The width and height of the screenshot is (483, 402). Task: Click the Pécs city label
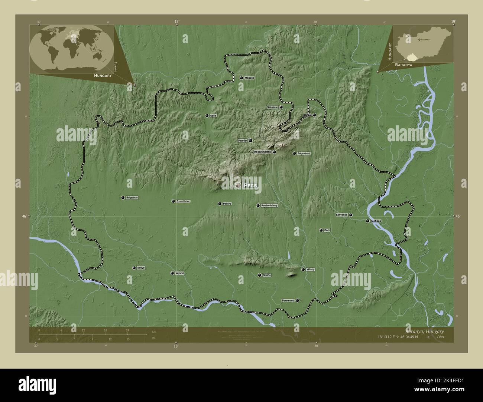[250, 185]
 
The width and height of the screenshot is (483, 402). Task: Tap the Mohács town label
[376, 221]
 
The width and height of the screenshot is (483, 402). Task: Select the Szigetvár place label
[132, 198]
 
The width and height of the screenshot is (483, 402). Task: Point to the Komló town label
[243, 141]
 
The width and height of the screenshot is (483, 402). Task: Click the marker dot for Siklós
[259, 275]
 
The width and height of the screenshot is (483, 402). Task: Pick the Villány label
[311, 269]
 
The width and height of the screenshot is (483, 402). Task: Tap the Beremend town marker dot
[297, 300]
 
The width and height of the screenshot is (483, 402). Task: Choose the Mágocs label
[249, 78]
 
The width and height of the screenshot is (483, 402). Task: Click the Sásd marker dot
[207, 116]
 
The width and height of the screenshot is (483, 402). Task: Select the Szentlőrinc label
[184, 201]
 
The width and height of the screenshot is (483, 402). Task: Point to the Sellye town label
[141, 268]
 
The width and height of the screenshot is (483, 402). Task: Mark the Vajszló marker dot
[172, 273]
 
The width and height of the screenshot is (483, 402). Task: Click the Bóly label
[327, 230]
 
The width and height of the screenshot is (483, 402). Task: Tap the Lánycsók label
[341, 215]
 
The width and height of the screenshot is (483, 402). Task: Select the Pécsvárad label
[304, 154]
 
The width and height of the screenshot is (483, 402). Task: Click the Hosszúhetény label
[262, 152]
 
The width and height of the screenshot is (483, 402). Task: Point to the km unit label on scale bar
[154, 332]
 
